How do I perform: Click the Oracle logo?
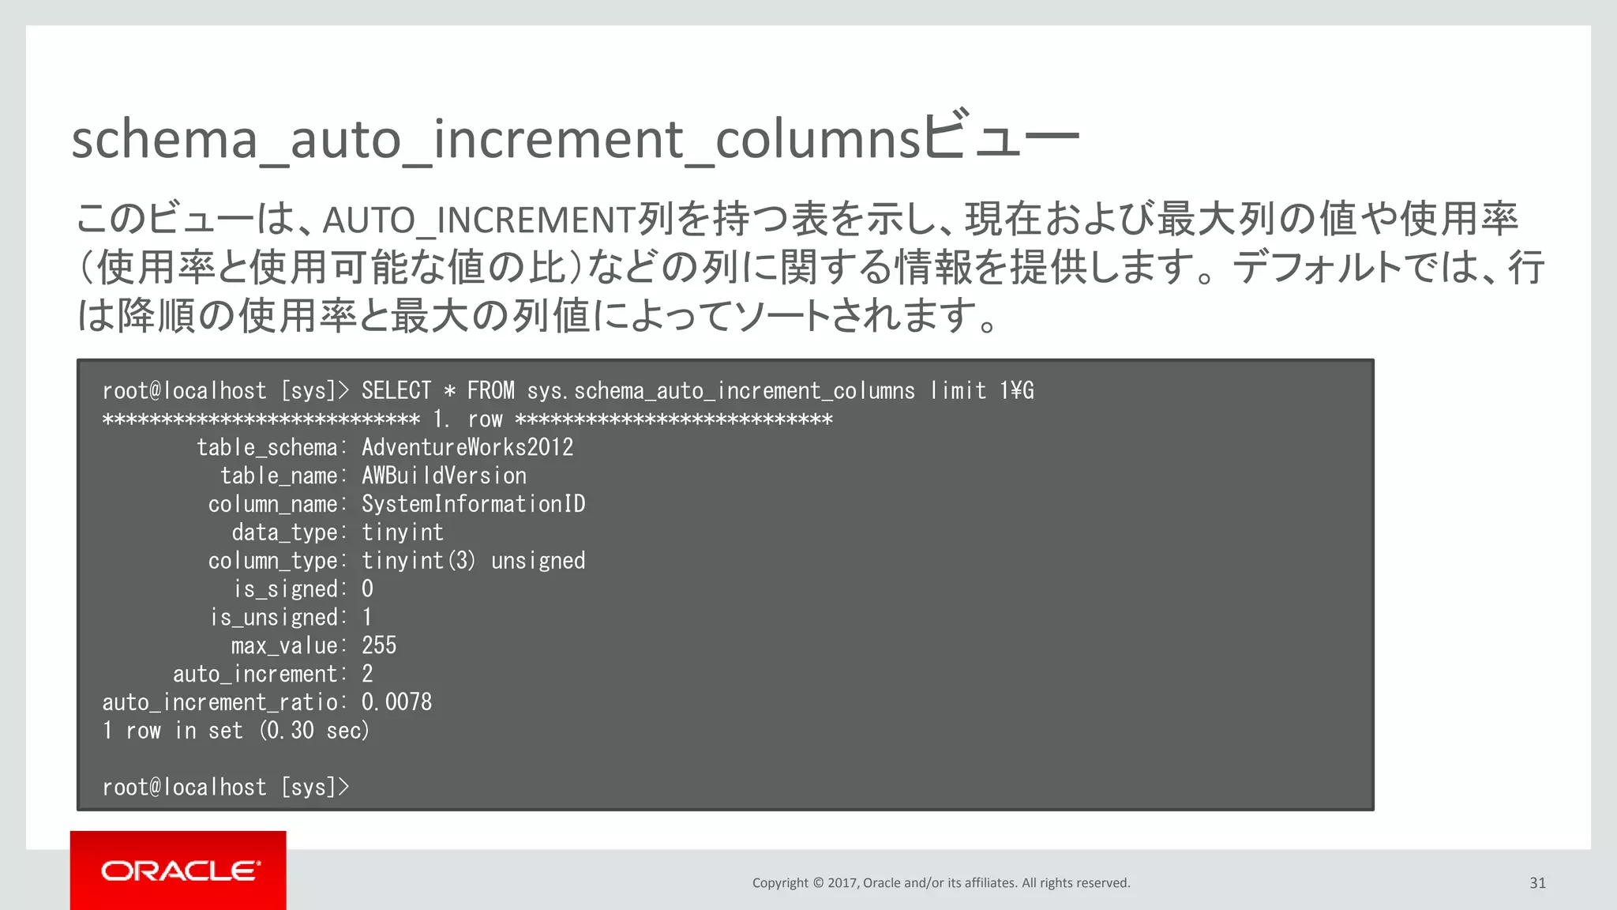(179, 871)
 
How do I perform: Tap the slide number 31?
(1537, 883)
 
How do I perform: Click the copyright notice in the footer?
(940, 883)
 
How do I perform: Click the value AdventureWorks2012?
(467, 448)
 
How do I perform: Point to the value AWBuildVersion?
(444, 476)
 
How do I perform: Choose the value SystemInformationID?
(473, 505)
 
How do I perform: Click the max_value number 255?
(379, 646)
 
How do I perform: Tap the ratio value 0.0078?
(396, 702)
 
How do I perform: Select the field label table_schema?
(267, 448)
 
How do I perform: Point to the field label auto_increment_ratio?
(220, 702)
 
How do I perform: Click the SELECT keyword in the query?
(396, 391)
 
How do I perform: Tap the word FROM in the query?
(490, 391)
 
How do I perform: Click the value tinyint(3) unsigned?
(473, 561)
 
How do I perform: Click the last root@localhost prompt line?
(225, 788)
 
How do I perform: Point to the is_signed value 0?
(367, 589)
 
